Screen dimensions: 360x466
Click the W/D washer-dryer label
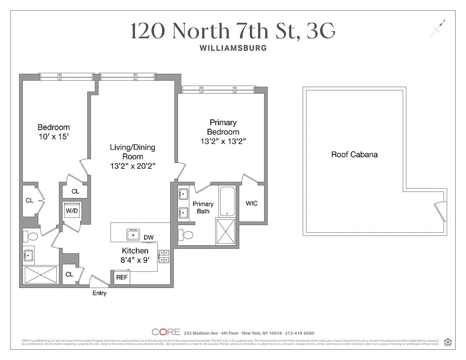pyautogui.click(x=72, y=210)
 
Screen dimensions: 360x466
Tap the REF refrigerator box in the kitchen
pyautogui.click(x=122, y=278)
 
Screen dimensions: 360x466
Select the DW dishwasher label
pyautogui.click(x=148, y=238)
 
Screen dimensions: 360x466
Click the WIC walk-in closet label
pyautogui.click(x=252, y=203)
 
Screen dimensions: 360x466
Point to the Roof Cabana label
pyautogui.click(x=354, y=154)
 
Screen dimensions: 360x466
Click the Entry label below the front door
pyautogui.click(x=100, y=293)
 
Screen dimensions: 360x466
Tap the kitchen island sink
pyautogui.click(x=133, y=234)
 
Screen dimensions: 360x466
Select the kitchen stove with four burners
pyautogui.click(x=163, y=256)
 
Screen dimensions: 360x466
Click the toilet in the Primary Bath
pyautogui.click(x=185, y=234)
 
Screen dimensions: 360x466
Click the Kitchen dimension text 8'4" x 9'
pyautogui.click(x=135, y=260)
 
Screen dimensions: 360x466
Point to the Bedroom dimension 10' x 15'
pyautogui.click(x=54, y=136)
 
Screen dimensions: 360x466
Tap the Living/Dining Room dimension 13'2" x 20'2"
pyautogui.click(x=133, y=166)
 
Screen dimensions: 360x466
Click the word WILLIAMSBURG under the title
pyautogui.click(x=233, y=48)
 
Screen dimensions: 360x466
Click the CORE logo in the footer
pyautogui.click(x=166, y=333)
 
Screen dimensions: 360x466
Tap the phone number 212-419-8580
pyautogui.click(x=299, y=333)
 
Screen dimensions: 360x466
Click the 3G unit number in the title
pyautogui.click(x=321, y=31)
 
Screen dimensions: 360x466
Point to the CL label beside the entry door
pyautogui.click(x=69, y=274)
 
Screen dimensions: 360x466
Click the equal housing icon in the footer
pyautogui.click(x=448, y=342)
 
